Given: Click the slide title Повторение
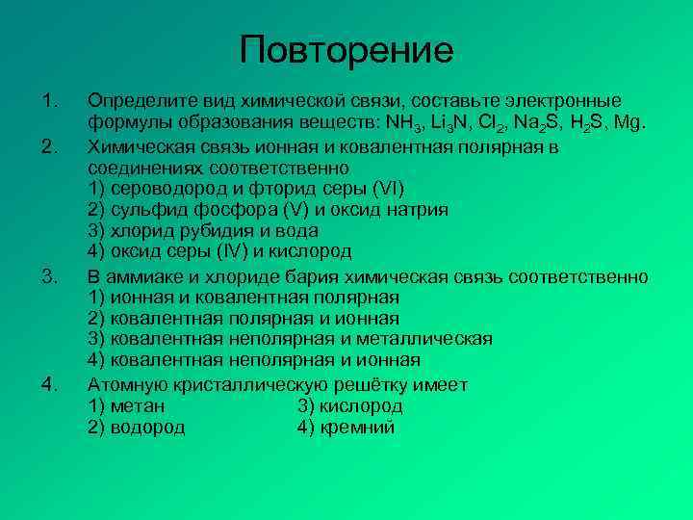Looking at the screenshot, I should (346, 50).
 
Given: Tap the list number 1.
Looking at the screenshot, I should (50, 101).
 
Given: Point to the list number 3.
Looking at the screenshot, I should (50, 277).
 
